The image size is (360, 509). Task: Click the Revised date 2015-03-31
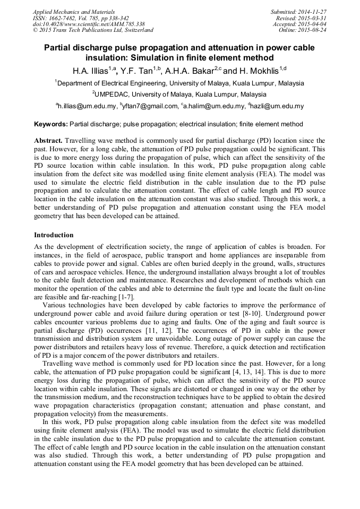(314, 18)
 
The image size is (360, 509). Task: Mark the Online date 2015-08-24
(314, 31)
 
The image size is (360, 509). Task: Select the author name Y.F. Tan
(136, 71)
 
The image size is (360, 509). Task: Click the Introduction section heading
(54, 235)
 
